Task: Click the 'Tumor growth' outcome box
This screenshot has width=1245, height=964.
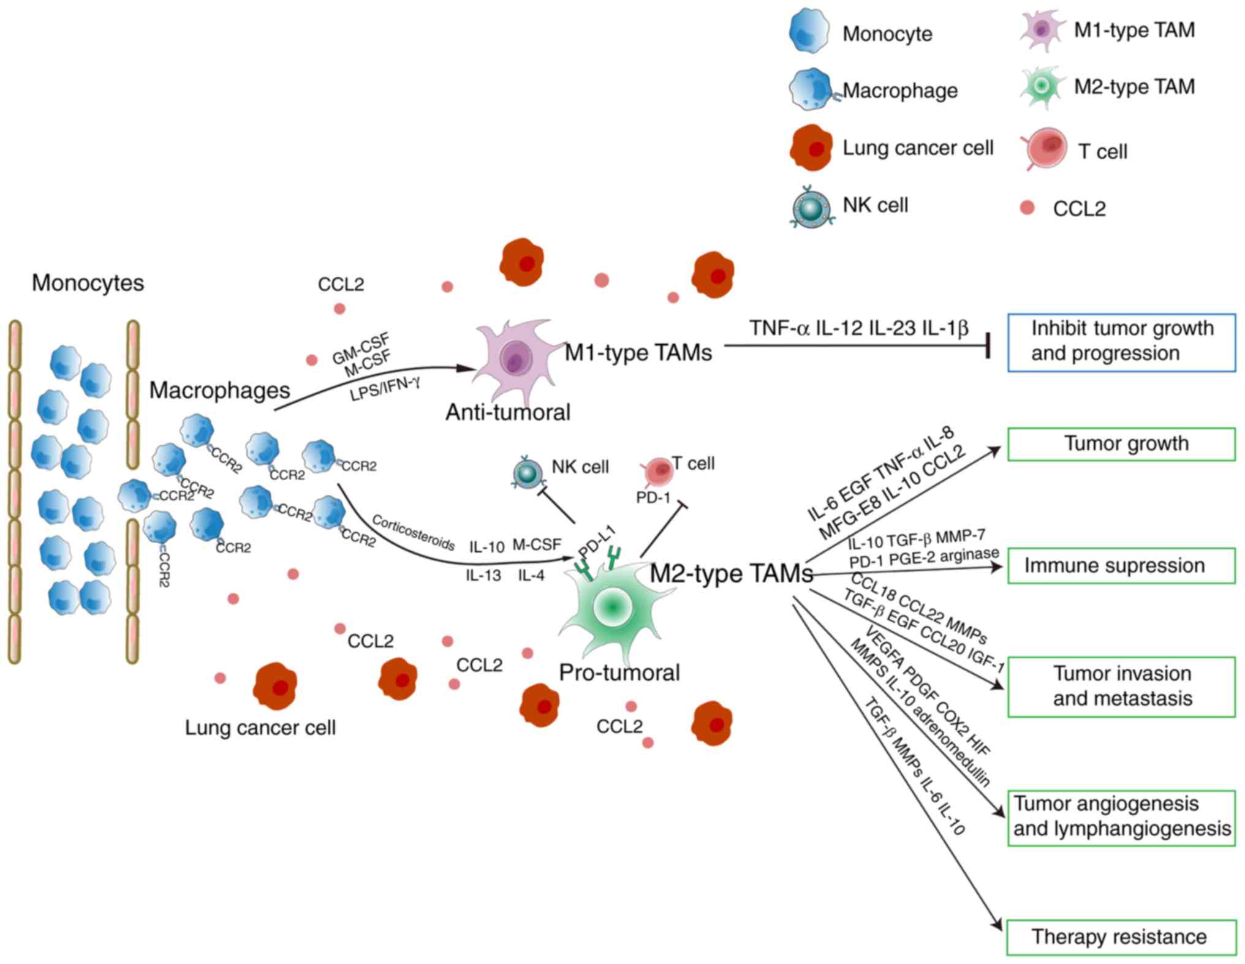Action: (x=1121, y=443)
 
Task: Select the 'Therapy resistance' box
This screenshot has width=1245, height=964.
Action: (x=1121, y=936)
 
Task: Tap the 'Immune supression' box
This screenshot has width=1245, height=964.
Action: (x=1121, y=565)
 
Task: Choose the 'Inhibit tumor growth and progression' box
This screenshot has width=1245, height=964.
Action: (x=1121, y=342)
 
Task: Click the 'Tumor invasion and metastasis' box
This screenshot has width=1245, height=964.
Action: (x=1121, y=686)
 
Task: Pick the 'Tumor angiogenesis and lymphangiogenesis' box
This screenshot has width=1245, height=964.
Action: (x=1121, y=817)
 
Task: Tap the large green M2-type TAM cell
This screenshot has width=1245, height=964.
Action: (x=611, y=606)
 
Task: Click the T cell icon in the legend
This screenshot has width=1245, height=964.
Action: (x=1046, y=148)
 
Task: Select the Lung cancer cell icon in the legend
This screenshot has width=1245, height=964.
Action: (x=811, y=148)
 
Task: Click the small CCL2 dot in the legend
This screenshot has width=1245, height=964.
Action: (x=1027, y=208)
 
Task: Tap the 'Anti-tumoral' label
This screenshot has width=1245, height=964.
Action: (x=507, y=412)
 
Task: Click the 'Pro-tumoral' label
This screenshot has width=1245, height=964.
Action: (x=619, y=672)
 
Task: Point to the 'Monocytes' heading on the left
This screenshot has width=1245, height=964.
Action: (x=88, y=283)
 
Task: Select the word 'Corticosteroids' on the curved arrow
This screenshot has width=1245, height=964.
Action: (x=413, y=532)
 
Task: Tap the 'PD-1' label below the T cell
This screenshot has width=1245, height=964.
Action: (x=653, y=497)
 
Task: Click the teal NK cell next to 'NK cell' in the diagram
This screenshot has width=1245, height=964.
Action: (x=527, y=473)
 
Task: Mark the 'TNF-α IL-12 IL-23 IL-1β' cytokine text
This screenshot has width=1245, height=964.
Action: (x=858, y=328)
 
